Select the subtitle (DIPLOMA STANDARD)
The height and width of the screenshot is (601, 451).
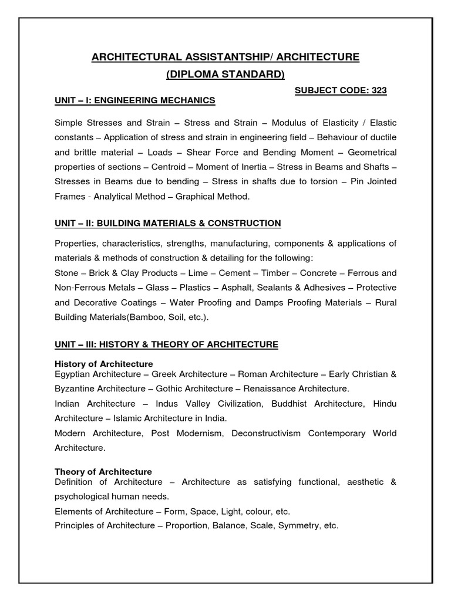point(225,74)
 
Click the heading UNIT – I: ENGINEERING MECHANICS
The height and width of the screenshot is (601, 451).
point(135,100)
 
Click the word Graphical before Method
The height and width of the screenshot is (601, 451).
point(193,197)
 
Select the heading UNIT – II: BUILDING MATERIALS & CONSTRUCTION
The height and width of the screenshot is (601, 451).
point(168,223)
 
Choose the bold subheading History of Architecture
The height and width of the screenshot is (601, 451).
point(104,364)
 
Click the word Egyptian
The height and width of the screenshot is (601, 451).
point(73,374)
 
